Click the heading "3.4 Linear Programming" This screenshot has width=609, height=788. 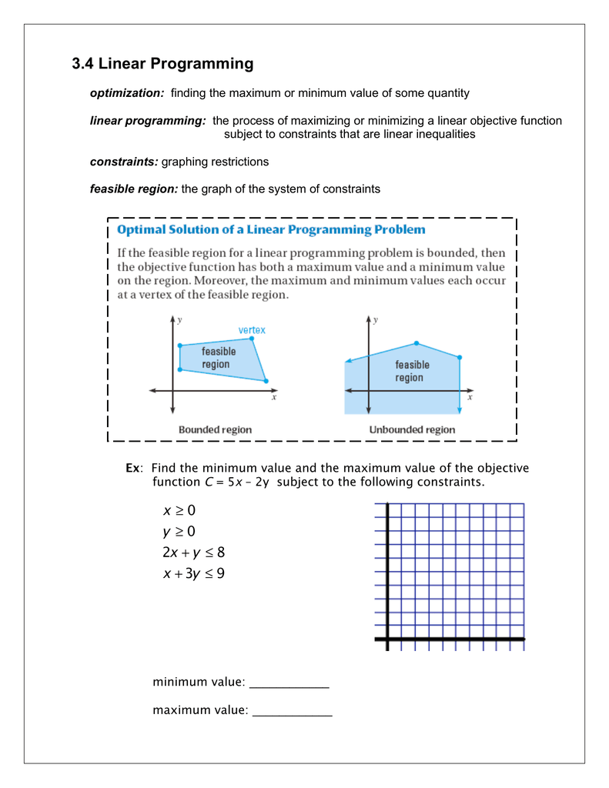pyautogui.click(x=162, y=64)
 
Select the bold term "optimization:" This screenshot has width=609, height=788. pyautogui.click(x=127, y=93)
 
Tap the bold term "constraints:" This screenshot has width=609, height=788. pyautogui.click(x=124, y=162)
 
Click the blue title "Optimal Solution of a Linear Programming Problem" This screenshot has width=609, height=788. pyautogui.click(x=270, y=229)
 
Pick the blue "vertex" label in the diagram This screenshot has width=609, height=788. pyautogui.click(x=251, y=330)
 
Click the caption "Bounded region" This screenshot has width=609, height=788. pyautogui.click(x=215, y=429)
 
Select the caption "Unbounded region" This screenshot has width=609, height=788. pyautogui.click(x=412, y=429)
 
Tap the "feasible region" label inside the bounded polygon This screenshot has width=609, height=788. pyautogui.click(x=219, y=358)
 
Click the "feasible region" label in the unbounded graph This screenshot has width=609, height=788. pyautogui.click(x=412, y=371)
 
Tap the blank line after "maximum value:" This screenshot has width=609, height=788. pyautogui.click(x=293, y=712)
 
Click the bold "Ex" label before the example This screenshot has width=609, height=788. pyautogui.click(x=133, y=469)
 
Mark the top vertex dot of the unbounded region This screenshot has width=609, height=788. pyautogui.click(x=417, y=343)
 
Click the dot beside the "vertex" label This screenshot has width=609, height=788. pyautogui.click(x=251, y=339)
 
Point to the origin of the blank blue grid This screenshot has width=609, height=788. pyautogui.click(x=387, y=639)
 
